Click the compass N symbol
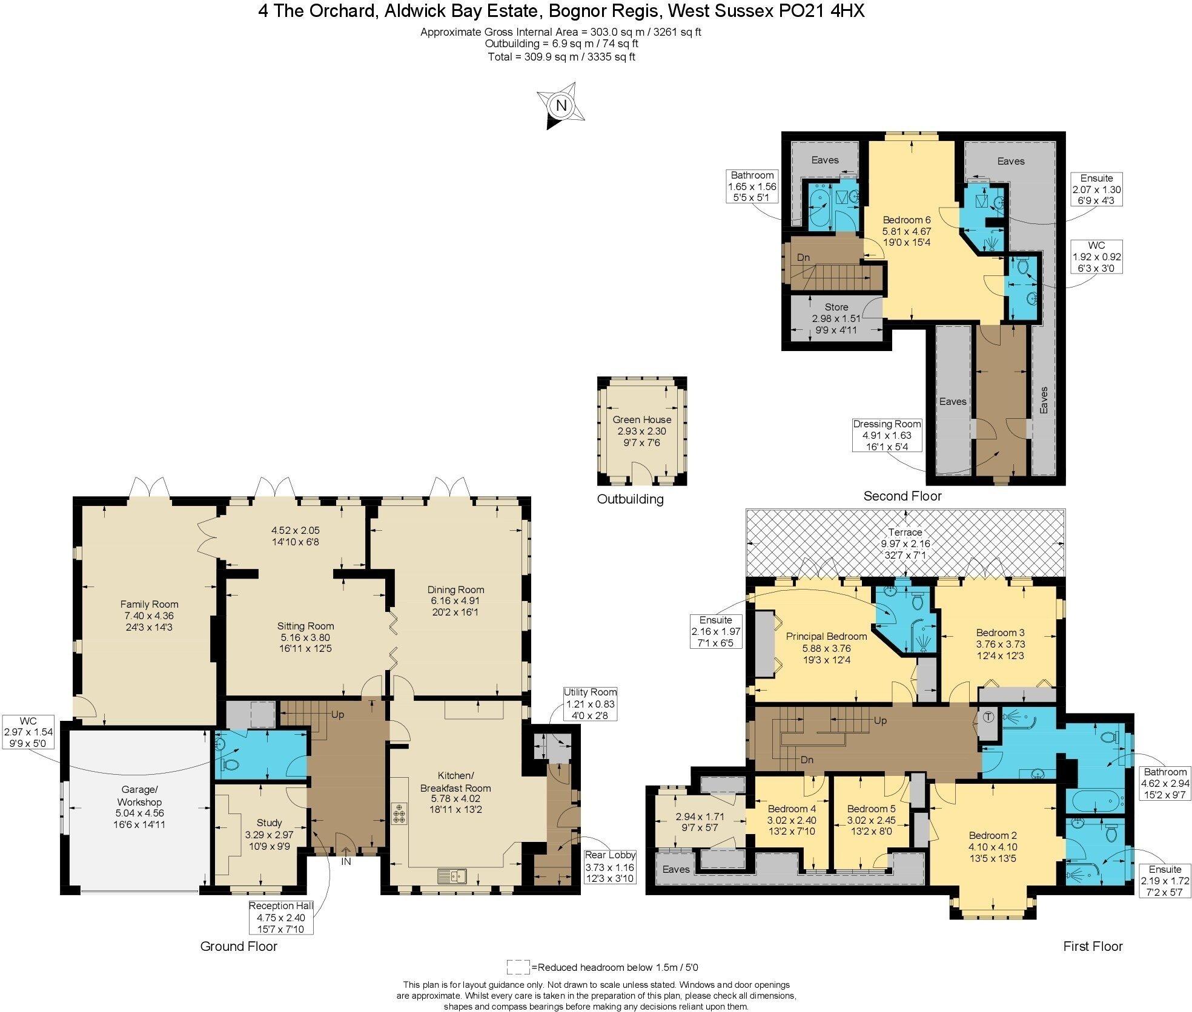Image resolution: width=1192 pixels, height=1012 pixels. point(561,106)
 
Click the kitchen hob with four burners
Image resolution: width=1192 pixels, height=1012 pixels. point(399,814)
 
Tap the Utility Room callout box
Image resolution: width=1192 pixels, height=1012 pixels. point(590,703)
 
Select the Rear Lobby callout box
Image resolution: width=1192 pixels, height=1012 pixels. point(610,866)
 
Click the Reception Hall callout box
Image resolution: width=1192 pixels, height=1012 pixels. point(281,917)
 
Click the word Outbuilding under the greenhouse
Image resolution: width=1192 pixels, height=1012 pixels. point(630,499)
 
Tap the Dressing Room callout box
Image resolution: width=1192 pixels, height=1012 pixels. point(887,435)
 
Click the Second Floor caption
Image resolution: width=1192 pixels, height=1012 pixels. point(902,496)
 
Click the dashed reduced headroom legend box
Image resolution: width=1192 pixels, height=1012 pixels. point(518,967)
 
